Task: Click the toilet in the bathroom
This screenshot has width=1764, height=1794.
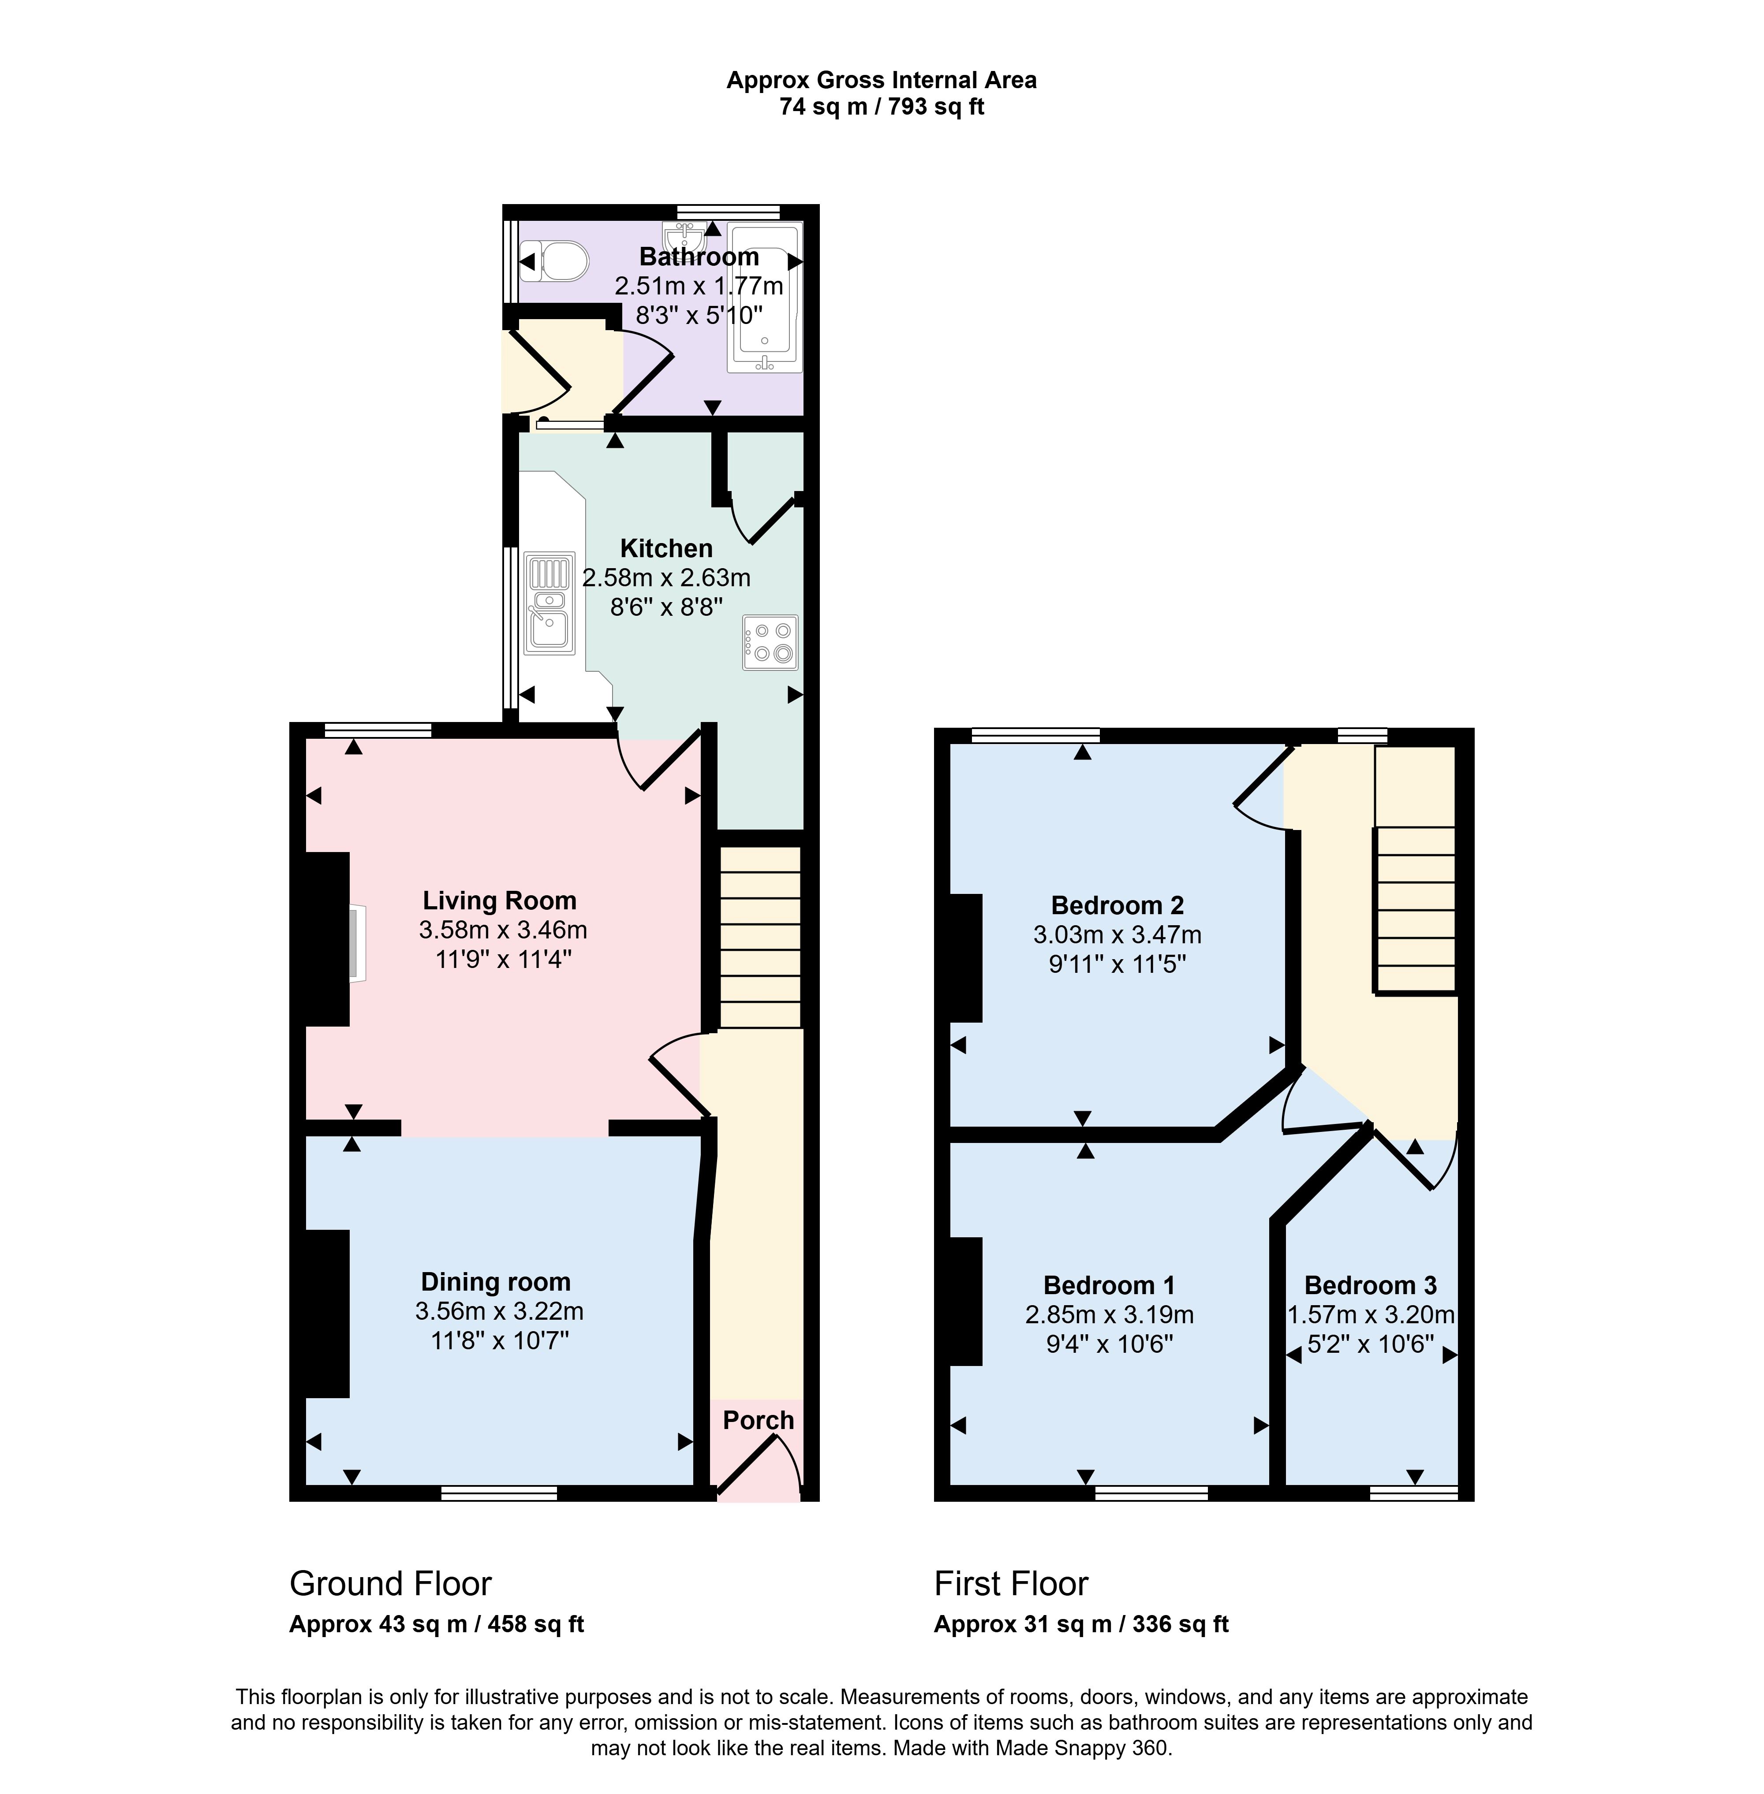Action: [554, 261]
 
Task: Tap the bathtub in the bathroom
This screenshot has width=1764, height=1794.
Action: [764, 296]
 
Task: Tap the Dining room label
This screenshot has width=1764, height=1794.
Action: [496, 1282]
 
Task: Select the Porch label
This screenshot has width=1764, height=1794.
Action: [758, 1420]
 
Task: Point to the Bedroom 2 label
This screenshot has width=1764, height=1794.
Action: [1117, 905]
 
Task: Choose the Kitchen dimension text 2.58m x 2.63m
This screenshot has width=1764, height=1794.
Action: [666, 578]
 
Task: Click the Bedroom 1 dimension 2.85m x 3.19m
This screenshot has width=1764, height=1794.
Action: [1109, 1314]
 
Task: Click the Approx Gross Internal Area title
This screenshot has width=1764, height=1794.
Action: [881, 81]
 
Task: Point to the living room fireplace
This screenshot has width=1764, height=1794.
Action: [357, 943]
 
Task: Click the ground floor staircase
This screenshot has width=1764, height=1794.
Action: [760, 937]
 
